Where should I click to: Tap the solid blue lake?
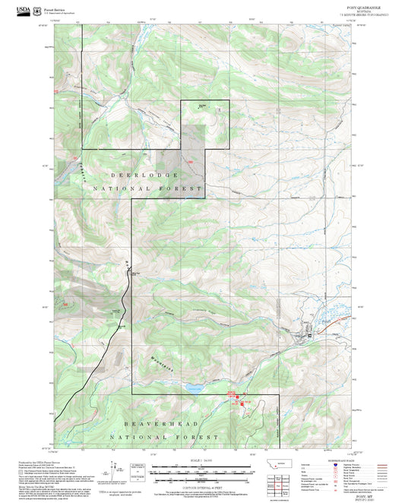(192, 388)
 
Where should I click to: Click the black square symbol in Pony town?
(309, 336)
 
